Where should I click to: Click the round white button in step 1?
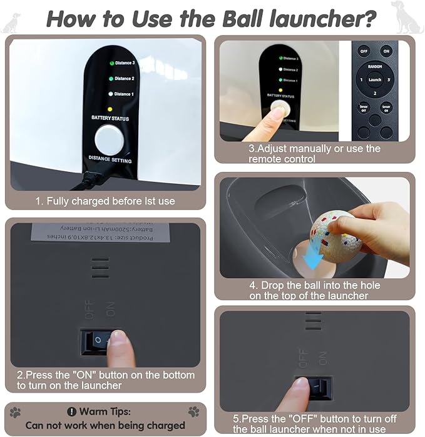coord(109,139)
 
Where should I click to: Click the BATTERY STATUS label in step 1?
coord(110,118)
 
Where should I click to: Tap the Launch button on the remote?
coord(374,80)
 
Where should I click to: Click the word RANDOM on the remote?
coord(374,65)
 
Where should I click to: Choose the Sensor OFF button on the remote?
coord(363,108)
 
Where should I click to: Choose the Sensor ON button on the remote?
coord(386,108)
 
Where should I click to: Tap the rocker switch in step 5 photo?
coord(314,388)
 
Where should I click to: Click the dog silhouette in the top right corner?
coord(407,17)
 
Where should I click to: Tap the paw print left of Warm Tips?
coord(15,412)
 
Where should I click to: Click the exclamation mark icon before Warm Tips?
coord(70,412)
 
